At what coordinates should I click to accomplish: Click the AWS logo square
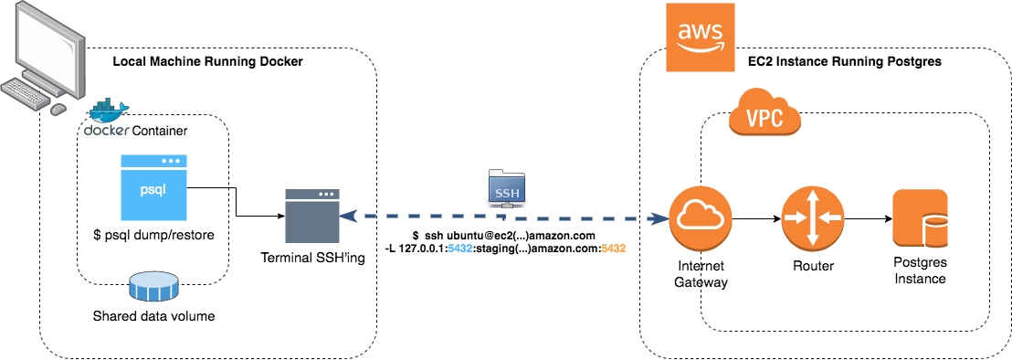[x=700, y=37]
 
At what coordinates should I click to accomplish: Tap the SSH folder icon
[x=506, y=186]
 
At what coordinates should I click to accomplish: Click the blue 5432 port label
[x=460, y=249]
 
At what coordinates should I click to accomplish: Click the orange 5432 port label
[x=613, y=249]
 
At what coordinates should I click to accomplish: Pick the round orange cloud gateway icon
[x=701, y=218]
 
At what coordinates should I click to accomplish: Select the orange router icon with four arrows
[x=811, y=218]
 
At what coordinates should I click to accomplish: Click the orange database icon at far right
[x=920, y=218]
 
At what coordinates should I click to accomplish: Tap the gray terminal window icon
[x=311, y=217]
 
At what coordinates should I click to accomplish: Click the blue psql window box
[x=153, y=187]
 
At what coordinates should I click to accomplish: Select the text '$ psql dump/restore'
[x=153, y=235]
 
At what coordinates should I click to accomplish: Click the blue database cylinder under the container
[x=153, y=286]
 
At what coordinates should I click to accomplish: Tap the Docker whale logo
[x=108, y=112]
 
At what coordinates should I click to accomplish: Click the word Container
[x=160, y=132]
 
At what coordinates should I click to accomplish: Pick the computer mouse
[x=58, y=109]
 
